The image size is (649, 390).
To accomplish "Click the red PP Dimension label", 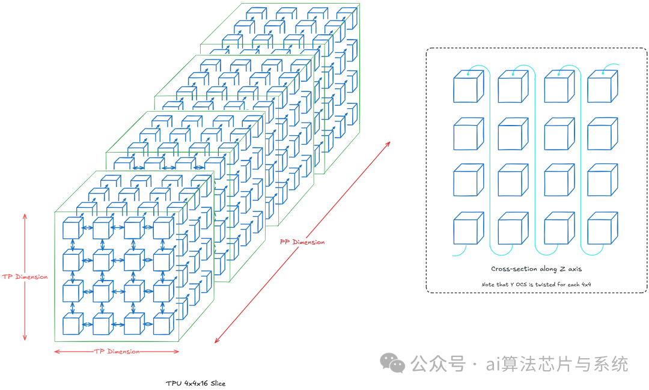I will (302, 242).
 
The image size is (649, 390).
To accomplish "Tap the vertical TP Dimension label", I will (24, 277).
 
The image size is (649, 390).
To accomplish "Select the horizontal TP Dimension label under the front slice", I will (117, 352).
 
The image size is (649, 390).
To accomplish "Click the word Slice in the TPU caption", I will (218, 383).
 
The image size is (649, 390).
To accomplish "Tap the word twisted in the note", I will (550, 284).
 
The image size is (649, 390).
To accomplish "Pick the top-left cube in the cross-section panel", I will (468, 87).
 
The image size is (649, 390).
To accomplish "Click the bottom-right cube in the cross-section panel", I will (602, 228).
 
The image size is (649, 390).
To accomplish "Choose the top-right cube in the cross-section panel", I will (602, 87).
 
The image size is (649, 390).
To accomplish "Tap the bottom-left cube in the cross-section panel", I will (468, 228).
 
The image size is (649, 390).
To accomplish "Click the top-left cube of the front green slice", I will (72, 229).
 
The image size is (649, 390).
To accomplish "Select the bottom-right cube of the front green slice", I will (163, 324).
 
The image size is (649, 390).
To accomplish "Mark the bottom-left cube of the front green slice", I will (72, 324).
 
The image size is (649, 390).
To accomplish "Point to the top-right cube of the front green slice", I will (163, 229).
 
